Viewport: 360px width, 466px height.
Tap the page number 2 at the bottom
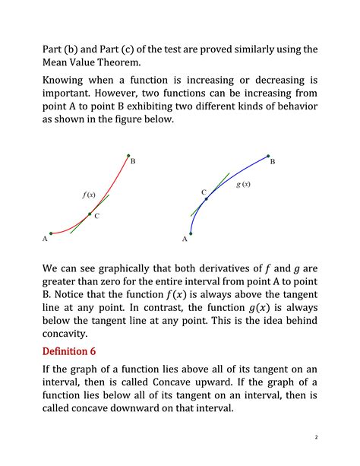[x=314, y=437]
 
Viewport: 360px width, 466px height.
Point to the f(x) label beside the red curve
[x=89, y=195]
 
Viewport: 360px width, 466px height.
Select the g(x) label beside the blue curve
[x=243, y=185]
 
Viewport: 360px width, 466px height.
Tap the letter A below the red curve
[x=45, y=239]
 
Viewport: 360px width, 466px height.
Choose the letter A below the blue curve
[x=185, y=239]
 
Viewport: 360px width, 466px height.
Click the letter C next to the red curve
[x=97, y=217]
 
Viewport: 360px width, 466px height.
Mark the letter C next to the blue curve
[x=204, y=193]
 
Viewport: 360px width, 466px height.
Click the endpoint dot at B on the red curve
[x=128, y=154]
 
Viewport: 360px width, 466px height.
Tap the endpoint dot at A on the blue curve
[x=190, y=233]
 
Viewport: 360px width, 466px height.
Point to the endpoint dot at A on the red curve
[x=50, y=233]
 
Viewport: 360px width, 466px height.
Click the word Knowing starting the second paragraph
[x=68, y=80]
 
